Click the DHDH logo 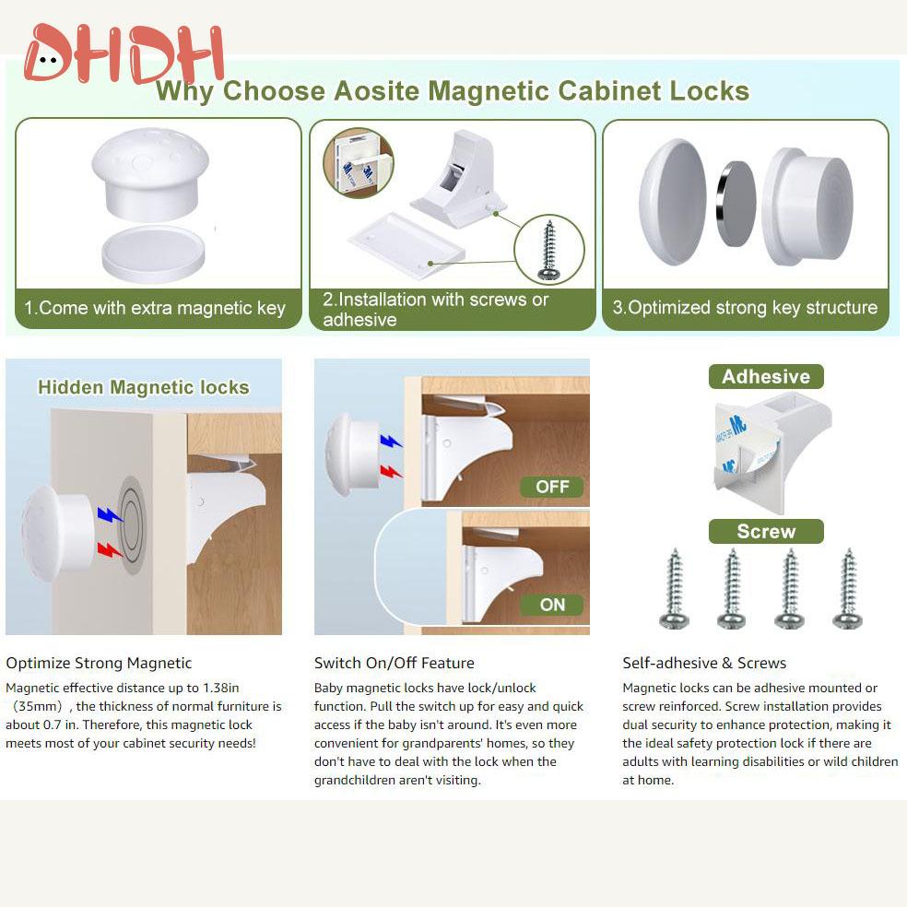click(x=124, y=55)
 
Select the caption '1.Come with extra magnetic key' click(x=155, y=308)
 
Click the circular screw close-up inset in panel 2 click(x=550, y=249)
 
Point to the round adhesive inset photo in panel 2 click(x=358, y=163)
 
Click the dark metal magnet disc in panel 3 click(x=736, y=203)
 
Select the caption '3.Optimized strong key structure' click(x=745, y=308)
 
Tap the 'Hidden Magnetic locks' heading click(x=143, y=387)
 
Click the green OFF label click(x=552, y=487)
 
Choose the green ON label click(x=552, y=605)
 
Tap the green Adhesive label click(x=765, y=376)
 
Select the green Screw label click(x=765, y=532)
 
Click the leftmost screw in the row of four click(x=675, y=590)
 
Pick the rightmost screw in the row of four click(x=847, y=590)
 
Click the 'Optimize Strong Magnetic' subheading click(x=99, y=663)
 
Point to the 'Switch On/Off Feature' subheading click(x=394, y=663)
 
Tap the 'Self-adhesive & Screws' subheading click(x=704, y=663)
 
